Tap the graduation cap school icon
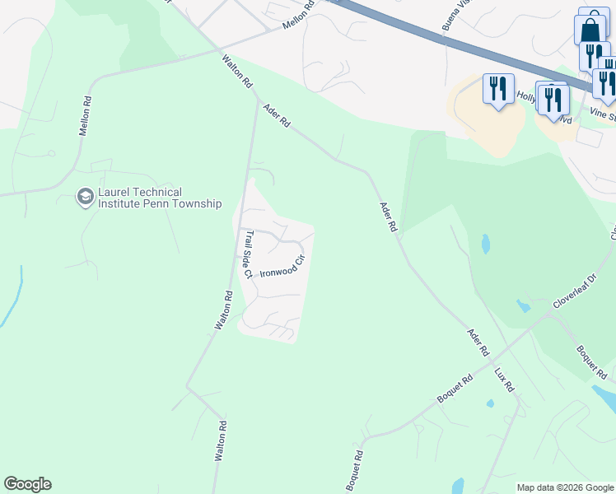click(85, 197)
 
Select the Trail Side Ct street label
click(247, 252)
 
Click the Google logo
click(27, 483)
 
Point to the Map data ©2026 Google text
click(565, 487)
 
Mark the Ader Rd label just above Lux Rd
click(478, 343)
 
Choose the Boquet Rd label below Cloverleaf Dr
click(592, 361)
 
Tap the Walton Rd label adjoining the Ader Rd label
click(236, 71)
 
